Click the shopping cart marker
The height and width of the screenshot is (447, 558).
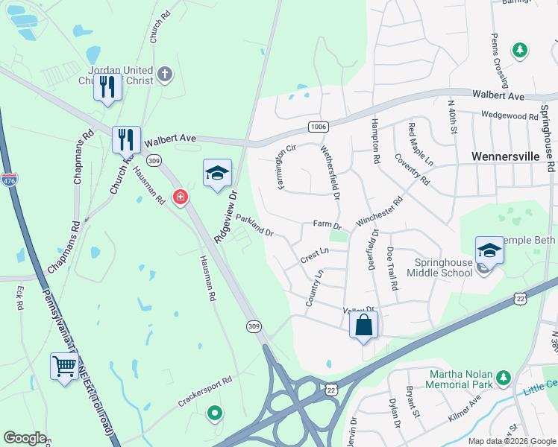tap(64, 366)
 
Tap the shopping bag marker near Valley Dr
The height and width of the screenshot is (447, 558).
tap(363, 325)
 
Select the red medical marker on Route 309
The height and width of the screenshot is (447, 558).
tap(180, 197)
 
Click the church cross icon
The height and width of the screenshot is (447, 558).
tap(165, 75)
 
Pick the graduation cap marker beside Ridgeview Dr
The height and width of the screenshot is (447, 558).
tap(217, 173)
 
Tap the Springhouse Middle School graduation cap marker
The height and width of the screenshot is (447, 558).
tap(489, 250)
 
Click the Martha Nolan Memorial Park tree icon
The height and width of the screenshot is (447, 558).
tap(503, 378)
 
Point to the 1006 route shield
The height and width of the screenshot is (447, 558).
tap(319, 127)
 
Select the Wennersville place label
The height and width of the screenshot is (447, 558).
tap(506, 156)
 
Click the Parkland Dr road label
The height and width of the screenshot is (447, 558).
tap(255, 226)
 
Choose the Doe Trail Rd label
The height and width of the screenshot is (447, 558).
tap(392, 269)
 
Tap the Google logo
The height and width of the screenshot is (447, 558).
tap(25, 438)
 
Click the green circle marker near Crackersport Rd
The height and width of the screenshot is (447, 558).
tap(215, 411)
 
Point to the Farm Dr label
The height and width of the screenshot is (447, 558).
tap(327, 223)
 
